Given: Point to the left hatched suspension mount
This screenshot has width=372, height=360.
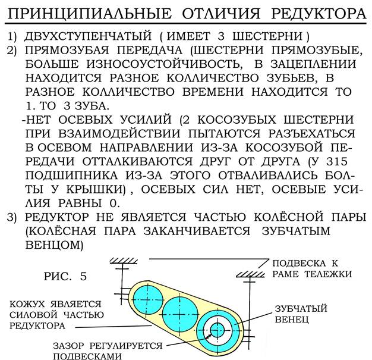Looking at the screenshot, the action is point(124,262).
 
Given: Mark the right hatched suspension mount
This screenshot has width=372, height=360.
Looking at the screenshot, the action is point(250,274).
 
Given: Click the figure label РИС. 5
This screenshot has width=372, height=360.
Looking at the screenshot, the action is point(65,277).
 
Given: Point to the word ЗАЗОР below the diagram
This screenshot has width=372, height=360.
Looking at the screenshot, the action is point(70,345).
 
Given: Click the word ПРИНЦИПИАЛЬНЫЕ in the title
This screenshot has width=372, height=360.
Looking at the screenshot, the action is point(80,12).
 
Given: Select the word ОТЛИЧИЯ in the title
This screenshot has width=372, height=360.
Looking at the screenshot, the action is point(217,12).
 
